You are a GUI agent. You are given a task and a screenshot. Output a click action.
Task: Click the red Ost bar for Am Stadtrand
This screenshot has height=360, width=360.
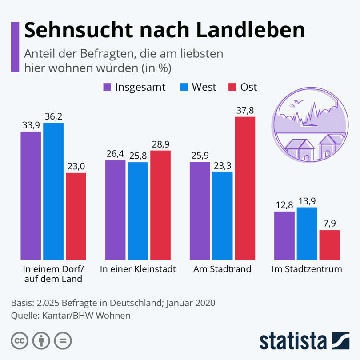(245, 188)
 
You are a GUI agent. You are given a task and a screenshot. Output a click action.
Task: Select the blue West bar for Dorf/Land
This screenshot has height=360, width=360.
(53, 191)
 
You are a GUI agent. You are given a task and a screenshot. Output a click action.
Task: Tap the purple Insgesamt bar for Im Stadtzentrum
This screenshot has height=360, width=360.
(284, 236)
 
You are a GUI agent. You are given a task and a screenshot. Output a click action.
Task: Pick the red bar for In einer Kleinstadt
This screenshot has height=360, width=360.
(160, 205)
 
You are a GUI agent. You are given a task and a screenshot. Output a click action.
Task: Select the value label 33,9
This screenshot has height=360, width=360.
(31, 125)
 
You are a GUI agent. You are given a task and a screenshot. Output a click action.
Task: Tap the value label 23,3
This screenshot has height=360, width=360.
(222, 165)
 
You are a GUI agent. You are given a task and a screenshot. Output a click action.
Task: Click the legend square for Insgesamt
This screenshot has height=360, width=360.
(107, 87)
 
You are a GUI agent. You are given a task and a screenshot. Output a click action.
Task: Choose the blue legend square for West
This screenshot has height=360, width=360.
(184, 87)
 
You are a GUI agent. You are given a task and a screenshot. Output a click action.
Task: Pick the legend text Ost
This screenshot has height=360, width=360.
(248, 87)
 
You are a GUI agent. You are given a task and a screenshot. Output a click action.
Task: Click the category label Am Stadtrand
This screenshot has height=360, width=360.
(222, 269)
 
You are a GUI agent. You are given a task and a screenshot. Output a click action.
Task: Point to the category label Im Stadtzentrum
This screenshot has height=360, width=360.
(307, 269)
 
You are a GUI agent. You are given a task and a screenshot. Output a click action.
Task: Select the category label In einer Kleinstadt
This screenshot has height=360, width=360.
(138, 269)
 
